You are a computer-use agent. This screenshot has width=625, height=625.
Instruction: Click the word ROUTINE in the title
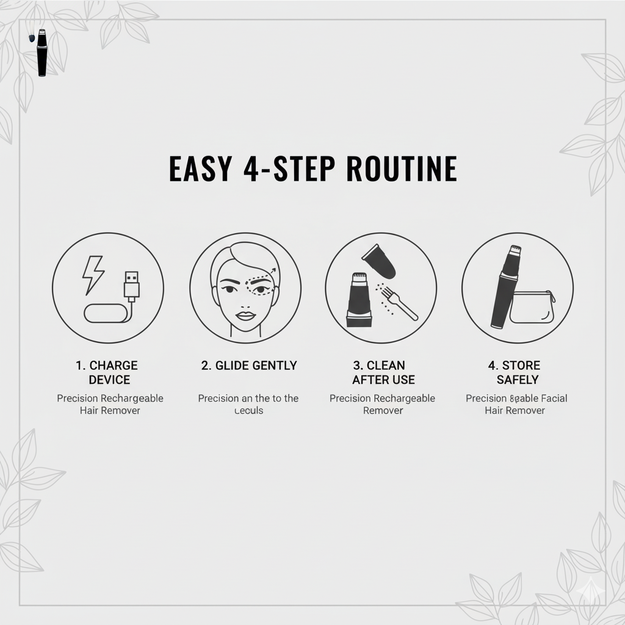click(402, 169)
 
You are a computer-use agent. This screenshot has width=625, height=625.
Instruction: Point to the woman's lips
click(245, 316)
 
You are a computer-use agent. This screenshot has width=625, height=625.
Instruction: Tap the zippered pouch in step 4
click(532, 307)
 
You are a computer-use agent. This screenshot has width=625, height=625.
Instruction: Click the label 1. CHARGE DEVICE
click(107, 372)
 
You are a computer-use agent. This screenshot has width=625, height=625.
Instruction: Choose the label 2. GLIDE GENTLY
click(249, 366)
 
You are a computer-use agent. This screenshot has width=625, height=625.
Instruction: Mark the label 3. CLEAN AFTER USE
click(383, 372)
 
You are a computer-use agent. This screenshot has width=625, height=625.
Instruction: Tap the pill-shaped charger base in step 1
click(106, 313)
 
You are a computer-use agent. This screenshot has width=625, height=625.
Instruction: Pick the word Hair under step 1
click(90, 411)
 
